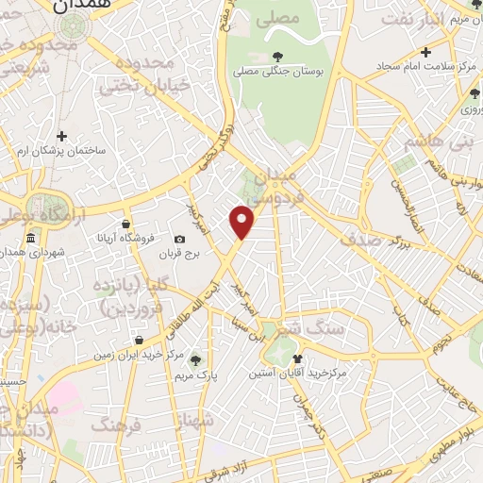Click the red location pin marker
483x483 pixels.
pyautogui.click(x=242, y=222)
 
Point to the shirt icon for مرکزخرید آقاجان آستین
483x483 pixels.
pyautogui.click(x=298, y=358)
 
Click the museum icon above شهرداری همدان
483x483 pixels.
pyautogui.click(x=30, y=237)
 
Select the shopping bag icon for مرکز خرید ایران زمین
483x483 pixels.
pyautogui.click(x=139, y=340)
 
